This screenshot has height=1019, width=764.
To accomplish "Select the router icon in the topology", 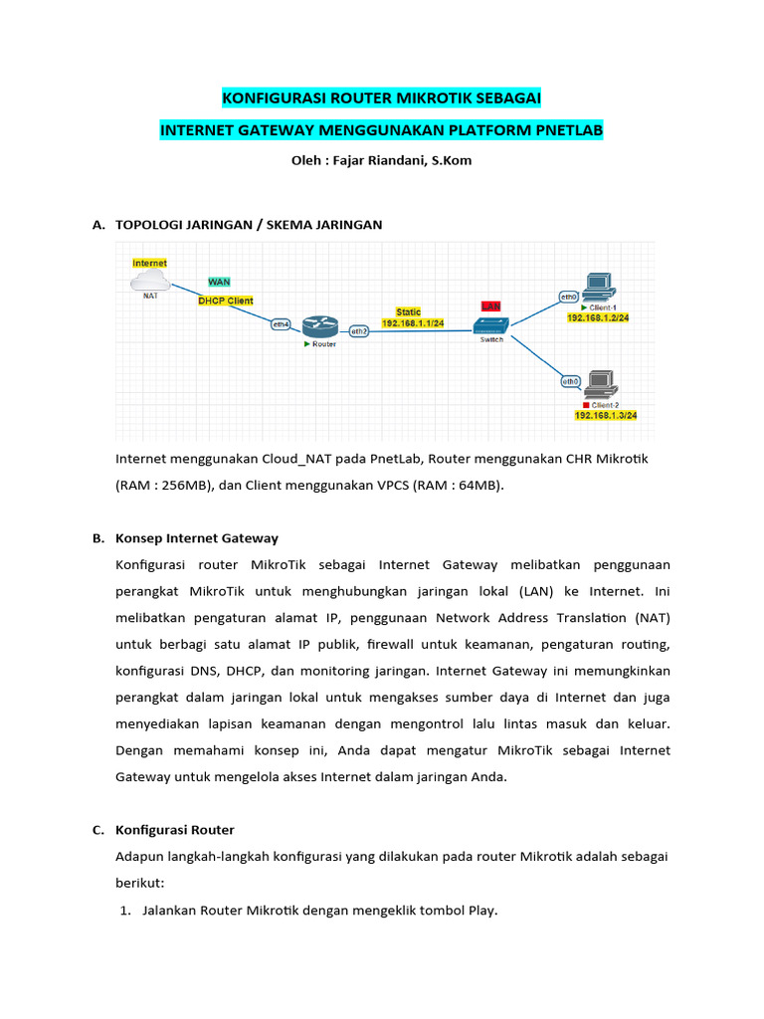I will point(319,325).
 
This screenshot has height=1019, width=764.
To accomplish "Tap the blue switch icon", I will point(490,325).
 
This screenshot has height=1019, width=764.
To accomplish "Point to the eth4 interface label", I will point(282,323).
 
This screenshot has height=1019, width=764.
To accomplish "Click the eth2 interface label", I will point(359,330).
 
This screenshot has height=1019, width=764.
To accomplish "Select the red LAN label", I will point(490,306).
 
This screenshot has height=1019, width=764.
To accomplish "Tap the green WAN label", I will point(219,282).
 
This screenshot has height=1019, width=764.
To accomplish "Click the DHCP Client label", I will point(225,300).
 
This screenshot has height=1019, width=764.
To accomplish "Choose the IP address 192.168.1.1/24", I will point(413,323).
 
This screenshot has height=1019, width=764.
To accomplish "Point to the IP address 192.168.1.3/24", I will point(605,415).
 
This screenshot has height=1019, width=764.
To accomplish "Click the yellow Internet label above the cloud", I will point(150,263).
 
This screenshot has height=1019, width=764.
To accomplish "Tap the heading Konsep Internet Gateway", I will point(197,538).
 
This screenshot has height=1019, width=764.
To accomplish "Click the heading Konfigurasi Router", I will point(175,829).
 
